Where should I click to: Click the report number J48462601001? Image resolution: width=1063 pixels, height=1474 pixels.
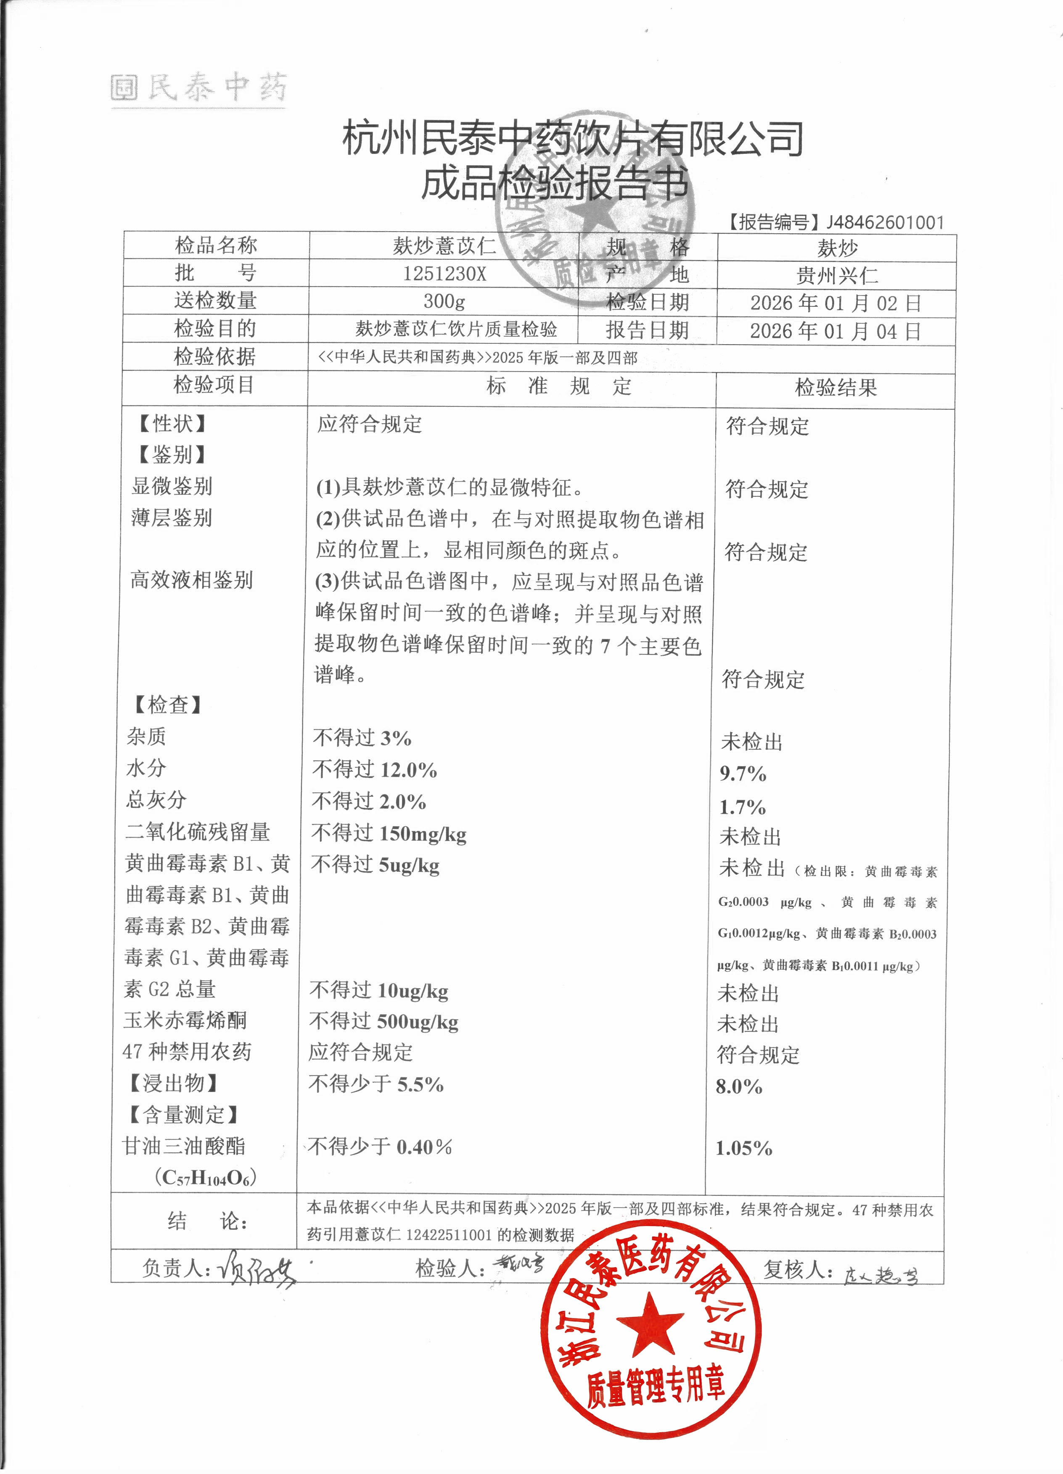tap(884, 223)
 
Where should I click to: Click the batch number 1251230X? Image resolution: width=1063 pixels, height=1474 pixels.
tap(444, 274)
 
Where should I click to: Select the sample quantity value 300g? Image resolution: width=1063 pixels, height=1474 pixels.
tap(444, 301)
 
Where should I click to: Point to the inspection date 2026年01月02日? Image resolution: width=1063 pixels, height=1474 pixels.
tap(836, 303)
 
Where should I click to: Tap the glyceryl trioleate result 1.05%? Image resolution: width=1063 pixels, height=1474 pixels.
tap(744, 1148)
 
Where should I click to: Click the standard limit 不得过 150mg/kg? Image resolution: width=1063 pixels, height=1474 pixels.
tap(389, 834)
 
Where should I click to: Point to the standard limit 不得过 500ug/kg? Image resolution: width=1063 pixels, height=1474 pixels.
tap(383, 1022)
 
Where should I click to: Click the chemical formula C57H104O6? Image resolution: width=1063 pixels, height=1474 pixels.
tap(206, 1178)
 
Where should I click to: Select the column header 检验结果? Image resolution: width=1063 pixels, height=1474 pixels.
tap(836, 388)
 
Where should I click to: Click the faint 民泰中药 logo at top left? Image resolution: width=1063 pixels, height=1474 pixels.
tap(198, 88)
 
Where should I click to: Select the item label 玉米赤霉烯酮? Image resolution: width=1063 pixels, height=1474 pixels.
tap(185, 1020)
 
